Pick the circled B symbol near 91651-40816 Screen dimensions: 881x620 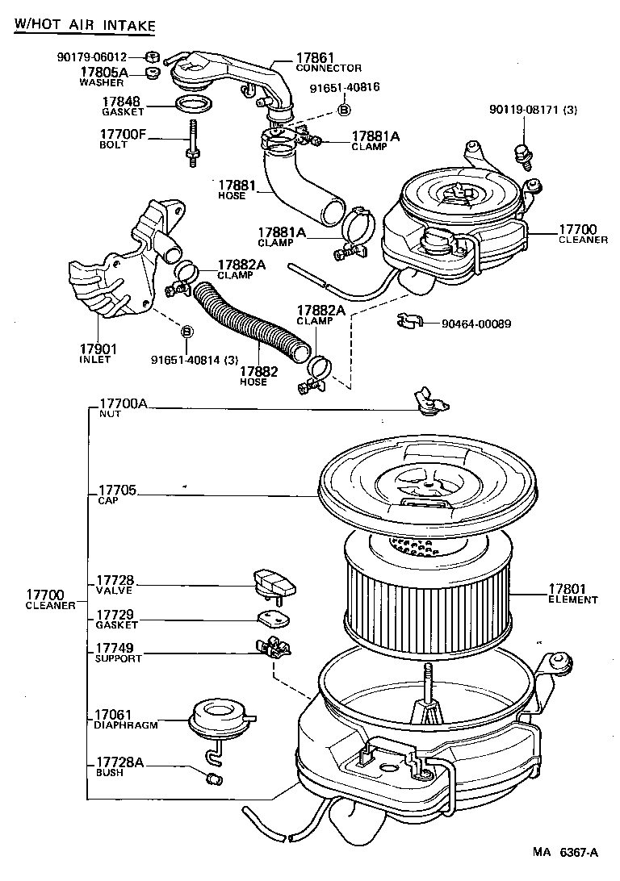tap(343, 109)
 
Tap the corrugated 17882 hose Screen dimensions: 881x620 tap(250, 323)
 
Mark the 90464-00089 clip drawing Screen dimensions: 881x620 tap(411, 323)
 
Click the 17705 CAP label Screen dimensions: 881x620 tap(115, 495)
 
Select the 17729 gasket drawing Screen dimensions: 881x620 tap(272, 619)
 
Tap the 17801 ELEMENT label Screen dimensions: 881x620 tap(572, 594)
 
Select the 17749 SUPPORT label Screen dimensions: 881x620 tap(118, 653)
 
